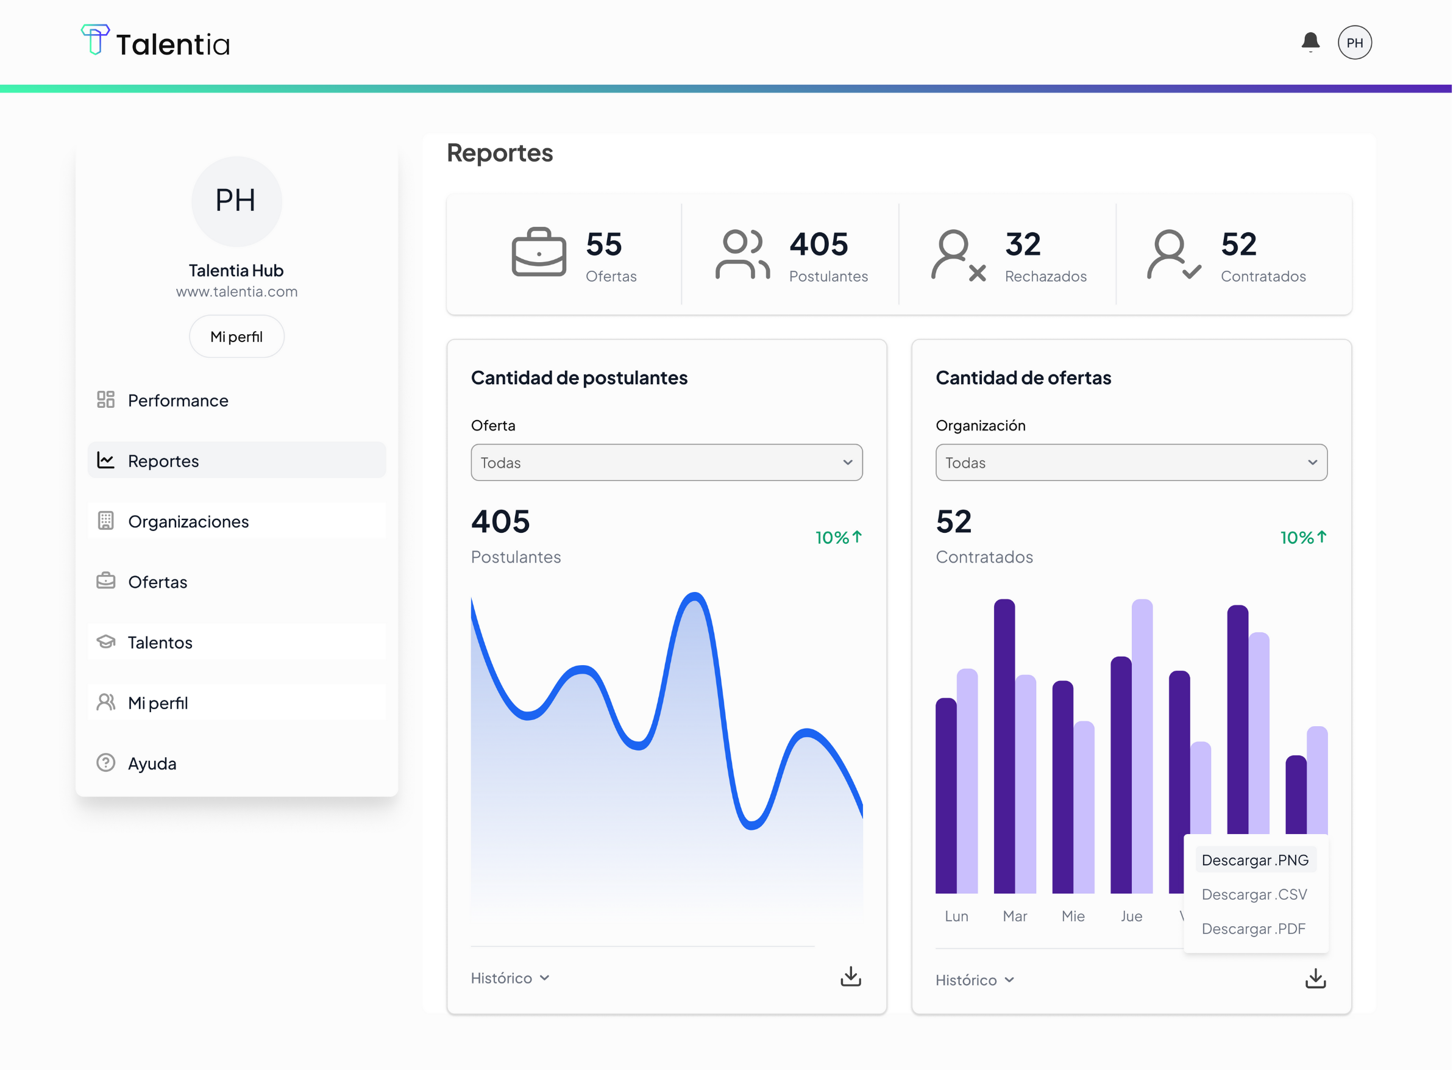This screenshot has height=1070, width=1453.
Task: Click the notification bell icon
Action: pyautogui.click(x=1310, y=42)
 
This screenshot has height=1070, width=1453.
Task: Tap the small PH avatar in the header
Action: pyautogui.click(x=1355, y=43)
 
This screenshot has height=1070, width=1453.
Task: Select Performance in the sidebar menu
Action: pyautogui.click(x=177, y=401)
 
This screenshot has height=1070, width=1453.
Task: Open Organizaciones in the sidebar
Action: pyautogui.click(x=188, y=521)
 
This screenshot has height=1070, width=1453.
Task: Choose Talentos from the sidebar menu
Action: pyautogui.click(x=160, y=643)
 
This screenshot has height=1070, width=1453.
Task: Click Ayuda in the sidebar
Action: pyautogui.click(x=152, y=764)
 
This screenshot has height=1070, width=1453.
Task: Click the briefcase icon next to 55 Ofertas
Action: pyautogui.click(x=539, y=252)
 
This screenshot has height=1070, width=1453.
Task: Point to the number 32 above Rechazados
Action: pyautogui.click(x=1023, y=245)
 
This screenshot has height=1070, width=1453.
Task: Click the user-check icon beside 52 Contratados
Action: pyautogui.click(x=1173, y=255)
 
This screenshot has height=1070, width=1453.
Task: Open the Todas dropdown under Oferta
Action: pyautogui.click(x=666, y=463)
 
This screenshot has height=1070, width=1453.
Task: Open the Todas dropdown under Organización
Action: pyautogui.click(x=1131, y=463)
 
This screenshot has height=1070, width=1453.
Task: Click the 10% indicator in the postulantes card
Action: pyautogui.click(x=838, y=538)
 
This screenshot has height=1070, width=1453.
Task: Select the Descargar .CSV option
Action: pyautogui.click(x=1254, y=894)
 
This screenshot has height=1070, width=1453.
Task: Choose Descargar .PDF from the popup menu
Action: pyautogui.click(x=1254, y=929)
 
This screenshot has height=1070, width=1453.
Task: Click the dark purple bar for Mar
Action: pyautogui.click(x=1004, y=745)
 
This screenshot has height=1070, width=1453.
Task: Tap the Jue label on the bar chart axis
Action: pyautogui.click(x=1131, y=916)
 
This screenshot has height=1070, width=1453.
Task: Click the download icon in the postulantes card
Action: pyautogui.click(x=851, y=977)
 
